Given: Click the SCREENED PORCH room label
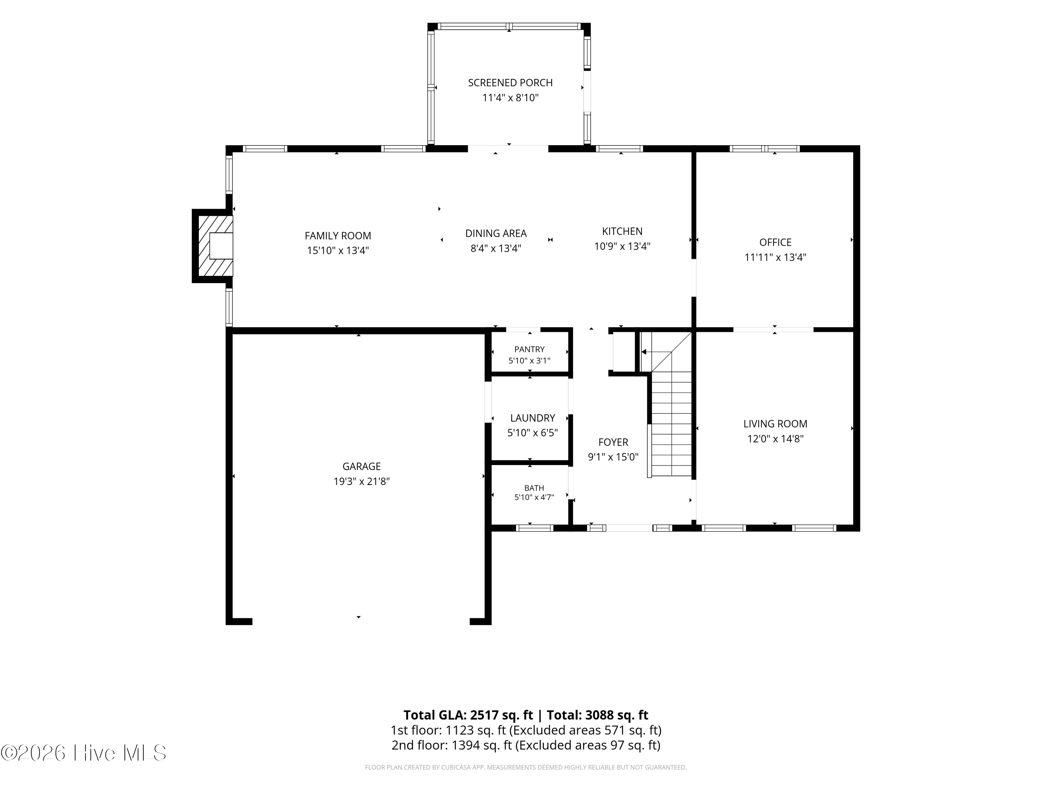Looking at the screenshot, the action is pyautogui.click(x=510, y=83).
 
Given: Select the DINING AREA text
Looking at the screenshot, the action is pyautogui.click(x=496, y=234).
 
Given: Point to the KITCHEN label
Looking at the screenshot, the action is pyautogui.click(x=622, y=231).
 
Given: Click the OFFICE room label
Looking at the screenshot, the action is pyautogui.click(x=775, y=243).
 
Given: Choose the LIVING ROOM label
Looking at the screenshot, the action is pyautogui.click(x=775, y=424).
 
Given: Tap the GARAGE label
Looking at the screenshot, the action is pyautogui.click(x=362, y=466).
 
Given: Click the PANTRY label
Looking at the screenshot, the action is pyautogui.click(x=529, y=350).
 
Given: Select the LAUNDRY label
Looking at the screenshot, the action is pyautogui.click(x=533, y=418).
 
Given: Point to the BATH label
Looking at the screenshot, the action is pyautogui.click(x=534, y=488).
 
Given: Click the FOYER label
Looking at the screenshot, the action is pyautogui.click(x=613, y=442).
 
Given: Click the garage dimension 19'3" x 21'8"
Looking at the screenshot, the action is pyautogui.click(x=362, y=481).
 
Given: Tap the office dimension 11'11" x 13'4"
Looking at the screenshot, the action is pyautogui.click(x=775, y=257).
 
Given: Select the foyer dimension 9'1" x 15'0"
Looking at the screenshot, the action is pyautogui.click(x=613, y=457).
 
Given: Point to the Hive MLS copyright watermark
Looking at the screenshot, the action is pyautogui.click(x=84, y=753).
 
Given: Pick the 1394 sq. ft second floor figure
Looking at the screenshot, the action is pyautogui.click(x=481, y=745).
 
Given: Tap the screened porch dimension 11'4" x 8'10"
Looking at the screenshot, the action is pyautogui.click(x=510, y=98).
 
